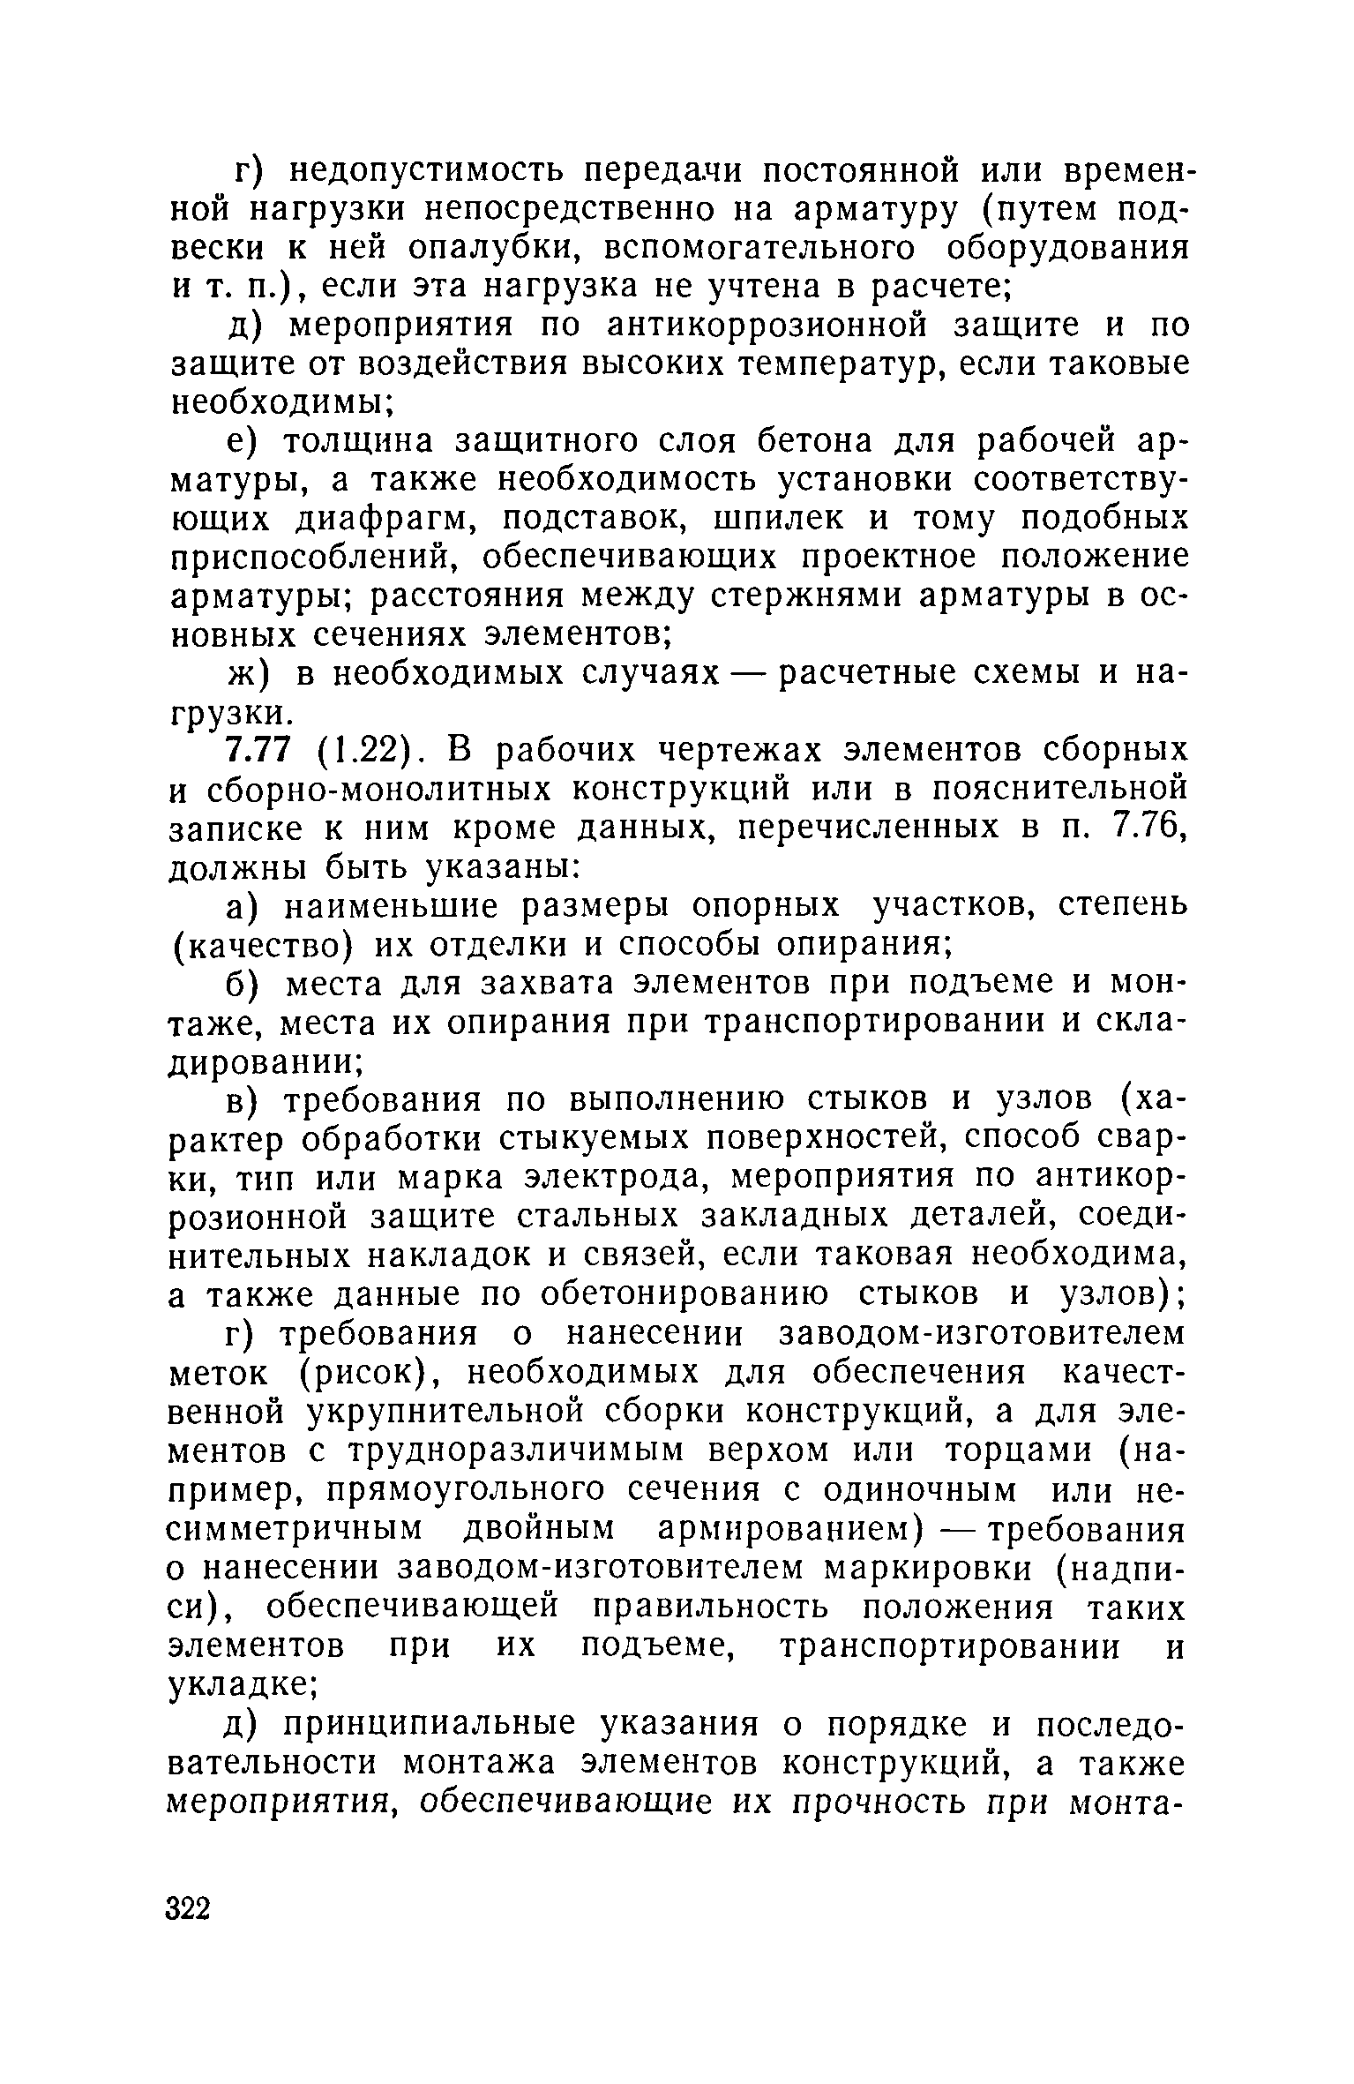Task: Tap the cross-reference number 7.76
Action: (x=1148, y=828)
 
